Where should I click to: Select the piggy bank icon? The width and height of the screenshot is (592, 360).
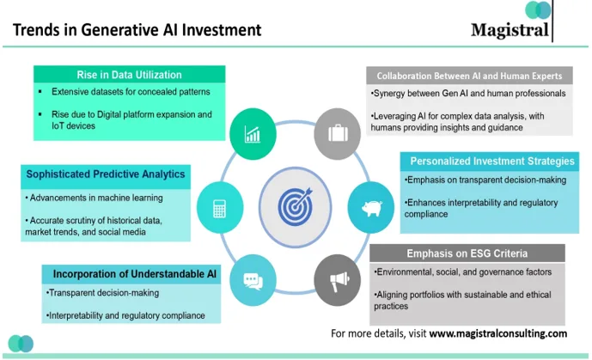(371, 207)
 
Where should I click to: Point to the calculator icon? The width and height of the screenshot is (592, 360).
(218, 207)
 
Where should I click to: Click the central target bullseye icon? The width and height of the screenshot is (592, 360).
(295, 206)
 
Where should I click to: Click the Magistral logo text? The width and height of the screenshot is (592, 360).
(510, 31)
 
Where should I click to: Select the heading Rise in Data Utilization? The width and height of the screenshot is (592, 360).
(129, 75)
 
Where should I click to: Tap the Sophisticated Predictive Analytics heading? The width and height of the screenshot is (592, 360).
(106, 174)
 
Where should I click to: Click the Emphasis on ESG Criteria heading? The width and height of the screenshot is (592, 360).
(467, 253)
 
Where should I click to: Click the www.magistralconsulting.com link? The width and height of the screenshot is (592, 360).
(498, 333)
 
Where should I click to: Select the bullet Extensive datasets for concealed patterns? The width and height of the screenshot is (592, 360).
(131, 91)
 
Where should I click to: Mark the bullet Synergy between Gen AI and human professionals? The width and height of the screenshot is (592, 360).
(467, 93)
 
